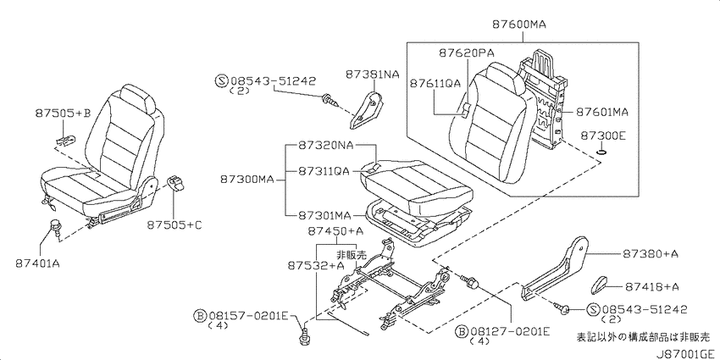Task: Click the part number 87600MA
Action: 519,25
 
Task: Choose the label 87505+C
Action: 174,225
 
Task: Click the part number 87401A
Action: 37,263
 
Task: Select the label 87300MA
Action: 246,180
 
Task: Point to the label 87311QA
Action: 324,171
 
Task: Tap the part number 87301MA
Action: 324,215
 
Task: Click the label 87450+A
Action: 336,232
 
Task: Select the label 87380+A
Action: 651,254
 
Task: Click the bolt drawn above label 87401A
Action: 55,227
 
